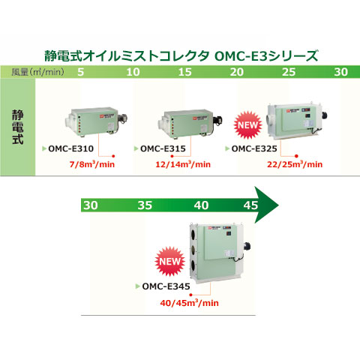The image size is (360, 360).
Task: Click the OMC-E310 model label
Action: [70, 148]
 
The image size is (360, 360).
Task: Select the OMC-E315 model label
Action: [163, 148]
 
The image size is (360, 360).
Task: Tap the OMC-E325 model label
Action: [254, 148]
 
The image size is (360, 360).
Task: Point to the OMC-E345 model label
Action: [166, 286]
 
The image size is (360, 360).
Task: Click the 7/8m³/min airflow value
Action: [92, 164]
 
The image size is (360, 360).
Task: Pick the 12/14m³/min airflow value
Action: [183, 164]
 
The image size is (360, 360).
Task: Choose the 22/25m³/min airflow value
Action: [295, 164]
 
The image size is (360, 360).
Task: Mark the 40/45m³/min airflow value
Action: [190, 303]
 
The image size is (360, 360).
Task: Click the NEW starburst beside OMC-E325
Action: [247, 125]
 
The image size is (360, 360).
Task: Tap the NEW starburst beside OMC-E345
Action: [170, 262]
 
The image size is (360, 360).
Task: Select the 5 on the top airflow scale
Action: [80, 72]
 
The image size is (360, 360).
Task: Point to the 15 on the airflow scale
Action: [185, 72]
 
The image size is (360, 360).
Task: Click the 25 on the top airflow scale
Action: [289, 72]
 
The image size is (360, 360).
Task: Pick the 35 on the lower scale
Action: [145, 205]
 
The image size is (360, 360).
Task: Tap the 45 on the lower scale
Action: [250, 205]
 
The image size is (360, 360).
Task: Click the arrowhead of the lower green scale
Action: [266, 205]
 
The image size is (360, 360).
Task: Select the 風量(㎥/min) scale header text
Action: [37, 72]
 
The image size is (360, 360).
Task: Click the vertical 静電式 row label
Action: [18, 127]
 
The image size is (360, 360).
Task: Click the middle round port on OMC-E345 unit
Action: [193, 250]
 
